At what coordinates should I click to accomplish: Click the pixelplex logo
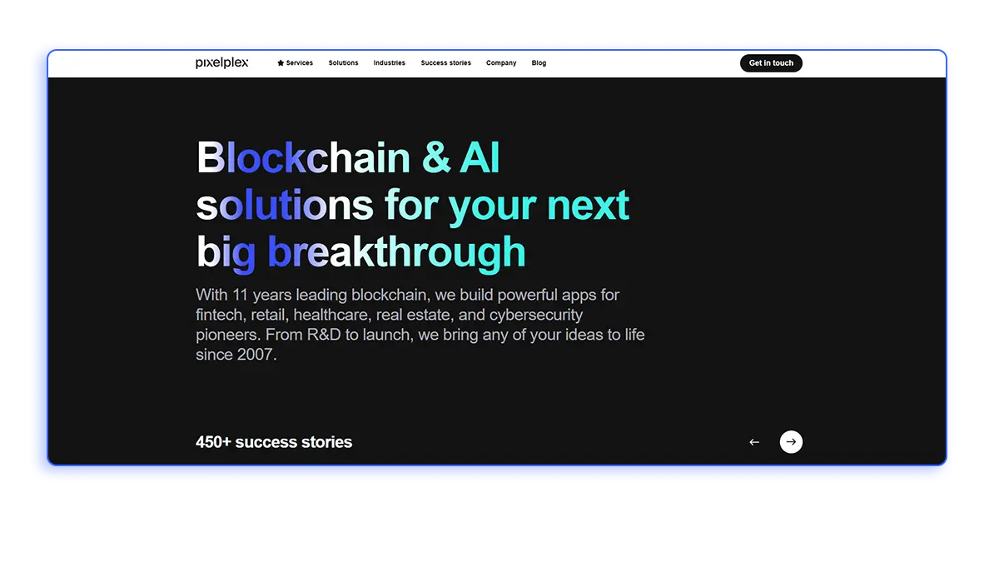pos(221,63)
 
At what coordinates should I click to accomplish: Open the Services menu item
pos(300,63)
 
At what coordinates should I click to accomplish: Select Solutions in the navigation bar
pos(343,63)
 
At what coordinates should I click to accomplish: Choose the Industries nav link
pos(389,63)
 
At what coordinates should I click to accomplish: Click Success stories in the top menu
pos(445,63)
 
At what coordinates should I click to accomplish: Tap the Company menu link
pos(501,63)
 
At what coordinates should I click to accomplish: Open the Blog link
pos(539,63)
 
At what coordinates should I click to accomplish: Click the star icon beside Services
pos(281,63)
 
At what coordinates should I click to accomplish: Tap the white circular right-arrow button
pos(791,442)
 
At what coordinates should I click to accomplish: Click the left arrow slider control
pos(754,442)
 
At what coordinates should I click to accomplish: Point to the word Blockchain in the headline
pos(303,158)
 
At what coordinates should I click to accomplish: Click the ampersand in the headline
pos(435,158)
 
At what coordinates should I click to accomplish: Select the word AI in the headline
pos(480,158)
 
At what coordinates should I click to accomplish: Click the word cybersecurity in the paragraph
pos(536,315)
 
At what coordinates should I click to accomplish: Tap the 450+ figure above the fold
pos(213,442)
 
